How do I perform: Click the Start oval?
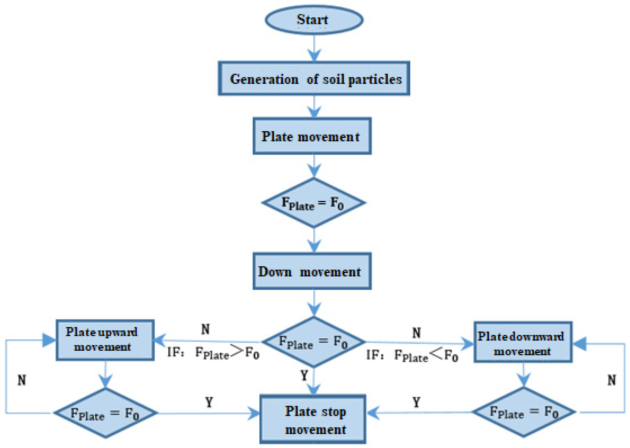click(314, 20)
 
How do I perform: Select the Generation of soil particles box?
click(314, 79)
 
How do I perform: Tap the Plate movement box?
click(312, 136)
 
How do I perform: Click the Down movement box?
click(312, 271)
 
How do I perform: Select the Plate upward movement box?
click(105, 340)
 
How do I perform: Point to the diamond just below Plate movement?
click(313, 203)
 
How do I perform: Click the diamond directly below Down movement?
click(313, 342)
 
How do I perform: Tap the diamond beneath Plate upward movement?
click(106, 413)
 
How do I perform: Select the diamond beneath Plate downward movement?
click(524, 412)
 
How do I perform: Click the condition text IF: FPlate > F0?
click(213, 353)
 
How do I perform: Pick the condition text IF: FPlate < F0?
click(412, 355)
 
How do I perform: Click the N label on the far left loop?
click(22, 380)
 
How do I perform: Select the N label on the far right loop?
click(612, 380)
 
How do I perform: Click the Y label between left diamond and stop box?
click(209, 402)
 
